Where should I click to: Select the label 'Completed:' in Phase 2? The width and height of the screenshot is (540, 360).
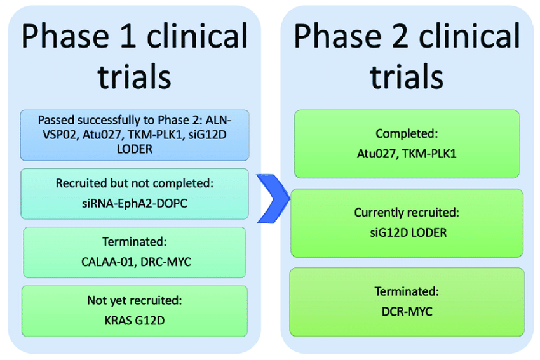pyautogui.click(x=407, y=134)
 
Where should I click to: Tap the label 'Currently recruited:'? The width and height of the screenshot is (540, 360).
pyautogui.click(x=407, y=213)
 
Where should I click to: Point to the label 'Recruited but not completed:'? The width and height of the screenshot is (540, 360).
pyautogui.click(x=134, y=183)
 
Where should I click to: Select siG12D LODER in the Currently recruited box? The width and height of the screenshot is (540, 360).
pyautogui.click(x=407, y=232)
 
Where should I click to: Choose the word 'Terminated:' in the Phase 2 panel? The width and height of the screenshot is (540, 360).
pyautogui.click(x=407, y=291)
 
